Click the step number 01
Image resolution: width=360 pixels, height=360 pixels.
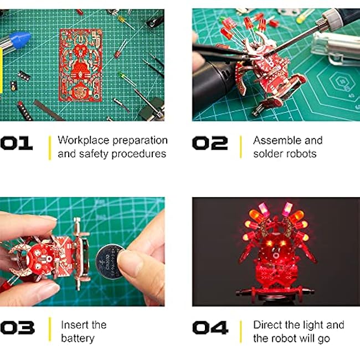[x=17, y=143]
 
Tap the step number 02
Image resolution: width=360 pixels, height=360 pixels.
[x=210, y=143]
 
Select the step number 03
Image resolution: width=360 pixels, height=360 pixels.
[x=18, y=328]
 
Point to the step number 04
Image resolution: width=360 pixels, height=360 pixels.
[x=210, y=328]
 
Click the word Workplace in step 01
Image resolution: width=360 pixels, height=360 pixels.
[x=83, y=141]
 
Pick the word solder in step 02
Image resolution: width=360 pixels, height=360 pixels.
[x=267, y=154]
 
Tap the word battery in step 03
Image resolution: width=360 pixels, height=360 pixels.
[x=78, y=338]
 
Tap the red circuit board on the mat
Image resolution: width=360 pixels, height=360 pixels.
[x=81, y=65]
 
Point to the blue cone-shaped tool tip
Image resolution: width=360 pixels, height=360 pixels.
[x=20, y=39]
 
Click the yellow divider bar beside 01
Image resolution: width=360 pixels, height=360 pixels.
[x=50, y=148]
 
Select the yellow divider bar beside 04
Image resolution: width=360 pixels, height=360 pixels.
[x=240, y=332]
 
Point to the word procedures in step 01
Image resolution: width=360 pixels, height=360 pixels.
[x=138, y=154]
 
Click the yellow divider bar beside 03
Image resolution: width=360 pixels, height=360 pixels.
[x=50, y=329]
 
